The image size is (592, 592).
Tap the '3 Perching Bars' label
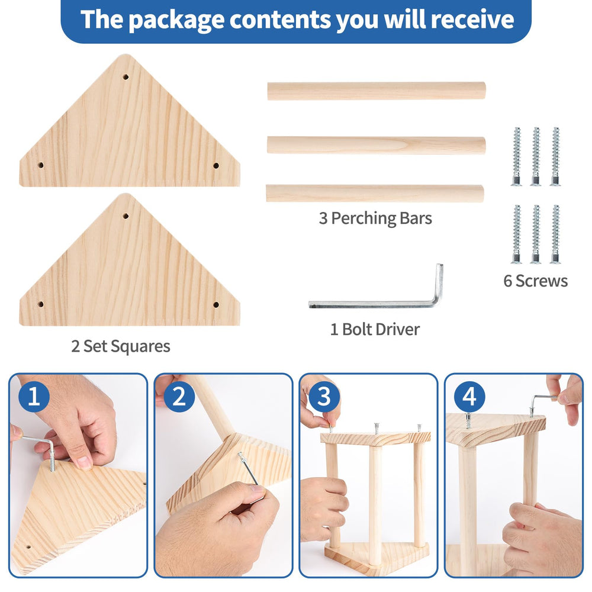(375, 218)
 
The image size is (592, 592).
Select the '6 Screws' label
(535, 281)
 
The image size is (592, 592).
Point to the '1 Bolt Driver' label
(375, 329)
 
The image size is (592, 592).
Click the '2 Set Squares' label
(120, 346)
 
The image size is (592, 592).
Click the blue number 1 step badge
(34, 397)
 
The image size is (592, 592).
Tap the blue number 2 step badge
(179, 397)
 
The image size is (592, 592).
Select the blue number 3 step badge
(324, 397)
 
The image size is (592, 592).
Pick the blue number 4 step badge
(469, 397)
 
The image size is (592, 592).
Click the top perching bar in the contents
(377, 91)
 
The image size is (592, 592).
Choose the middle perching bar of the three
(377, 145)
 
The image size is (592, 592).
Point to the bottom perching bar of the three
(375, 194)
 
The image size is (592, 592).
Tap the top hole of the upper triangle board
(126, 77)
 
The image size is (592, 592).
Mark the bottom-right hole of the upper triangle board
(216, 165)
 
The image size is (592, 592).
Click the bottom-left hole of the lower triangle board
(41, 304)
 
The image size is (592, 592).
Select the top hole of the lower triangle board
(126, 216)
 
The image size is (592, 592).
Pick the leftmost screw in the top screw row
(516, 156)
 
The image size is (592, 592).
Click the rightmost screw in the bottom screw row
(555, 234)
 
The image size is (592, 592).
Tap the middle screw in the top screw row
(536, 156)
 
